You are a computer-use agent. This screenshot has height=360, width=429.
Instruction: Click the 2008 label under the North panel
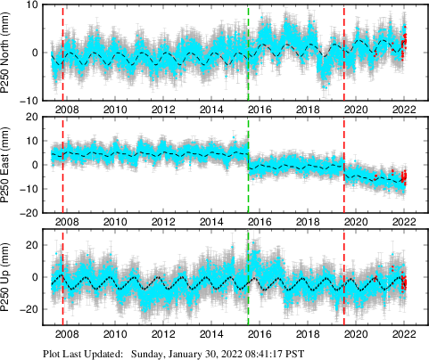click(x=66, y=110)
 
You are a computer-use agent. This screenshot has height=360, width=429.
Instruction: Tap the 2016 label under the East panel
click(x=259, y=222)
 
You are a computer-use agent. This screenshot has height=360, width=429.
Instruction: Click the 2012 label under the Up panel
click(x=162, y=334)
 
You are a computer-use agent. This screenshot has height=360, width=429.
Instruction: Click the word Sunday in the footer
click(x=149, y=353)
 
